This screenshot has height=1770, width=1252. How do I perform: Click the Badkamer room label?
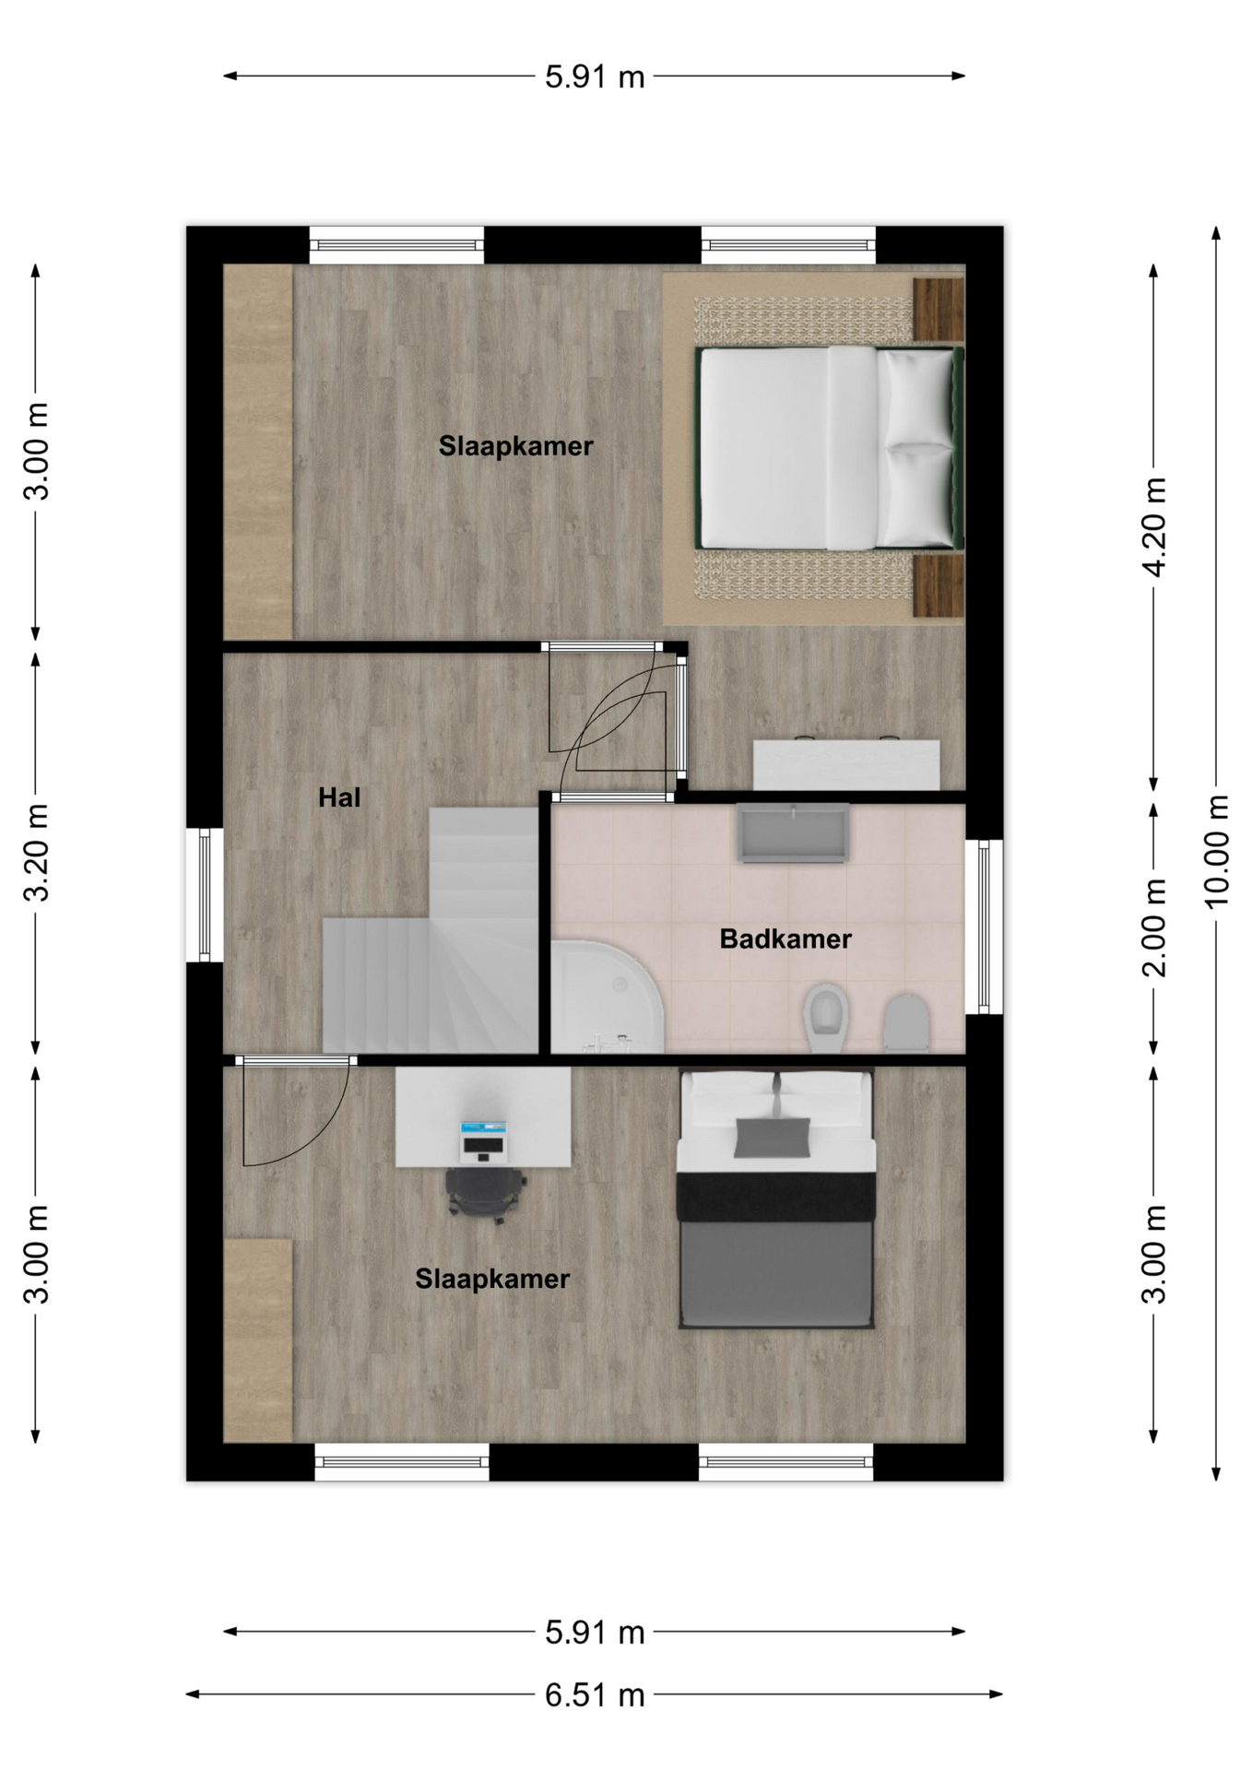point(785,938)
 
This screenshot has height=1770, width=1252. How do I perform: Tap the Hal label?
point(339,797)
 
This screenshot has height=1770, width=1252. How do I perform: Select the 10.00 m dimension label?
point(1217,851)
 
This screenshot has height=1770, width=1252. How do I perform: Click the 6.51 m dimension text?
point(595,1694)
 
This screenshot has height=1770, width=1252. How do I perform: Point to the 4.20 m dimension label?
point(1154,526)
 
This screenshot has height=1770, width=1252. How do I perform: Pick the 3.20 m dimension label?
point(37,852)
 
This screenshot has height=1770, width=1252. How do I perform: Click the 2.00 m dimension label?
point(1154,927)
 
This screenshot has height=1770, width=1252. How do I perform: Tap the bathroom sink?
point(793,832)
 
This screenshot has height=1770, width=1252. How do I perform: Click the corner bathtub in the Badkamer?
point(607,997)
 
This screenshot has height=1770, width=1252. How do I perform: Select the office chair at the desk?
point(486,1194)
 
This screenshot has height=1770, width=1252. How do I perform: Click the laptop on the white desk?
point(484,1140)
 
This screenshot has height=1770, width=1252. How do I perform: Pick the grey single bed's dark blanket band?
point(775,1196)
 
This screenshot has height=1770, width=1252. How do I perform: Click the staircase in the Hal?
point(431,931)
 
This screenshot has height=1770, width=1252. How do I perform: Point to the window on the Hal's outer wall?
point(205,894)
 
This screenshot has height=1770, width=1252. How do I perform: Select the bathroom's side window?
point(984,926)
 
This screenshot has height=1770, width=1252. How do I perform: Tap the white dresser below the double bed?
point(846,763)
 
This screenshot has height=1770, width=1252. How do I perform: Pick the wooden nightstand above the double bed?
point(938,309)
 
